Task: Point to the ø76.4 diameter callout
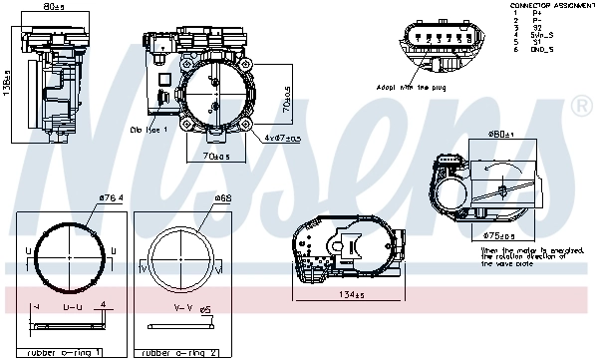tap(110, 197)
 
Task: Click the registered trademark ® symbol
tap(577, 105)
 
